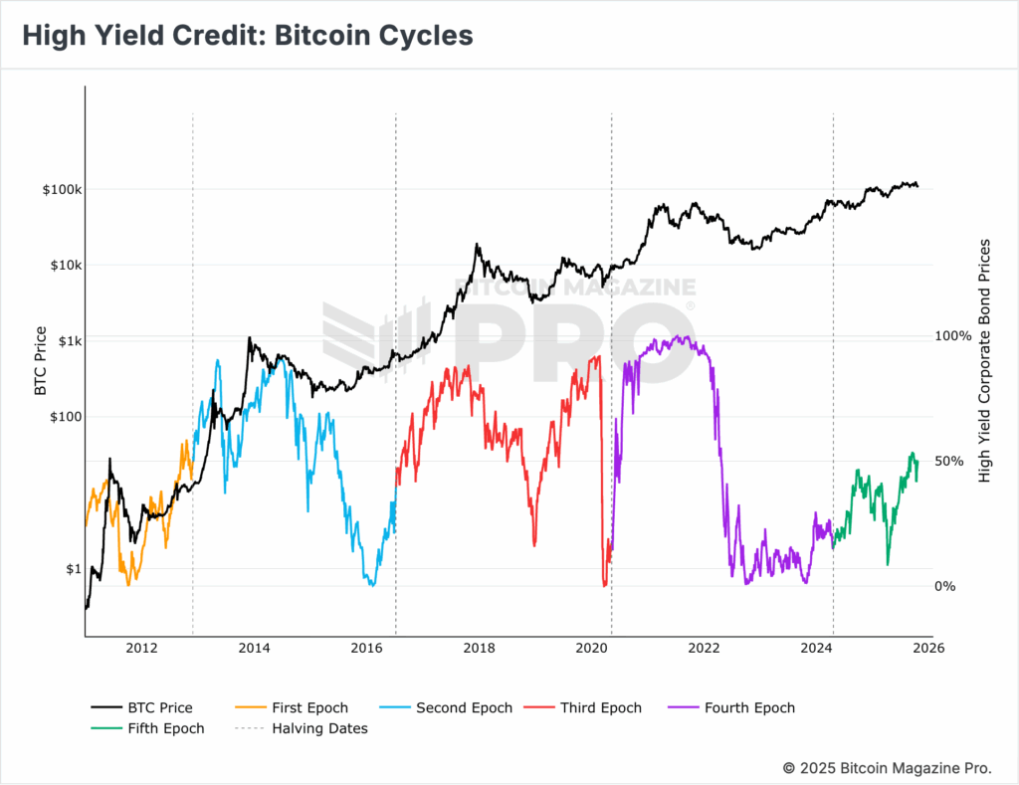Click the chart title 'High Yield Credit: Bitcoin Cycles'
click(x=247, y=35)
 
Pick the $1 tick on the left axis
click(x=74, y=569)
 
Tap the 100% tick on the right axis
click(x=953, y=336)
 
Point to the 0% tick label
click(x=946, y=586)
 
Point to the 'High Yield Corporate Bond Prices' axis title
click(x=985, y=361)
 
